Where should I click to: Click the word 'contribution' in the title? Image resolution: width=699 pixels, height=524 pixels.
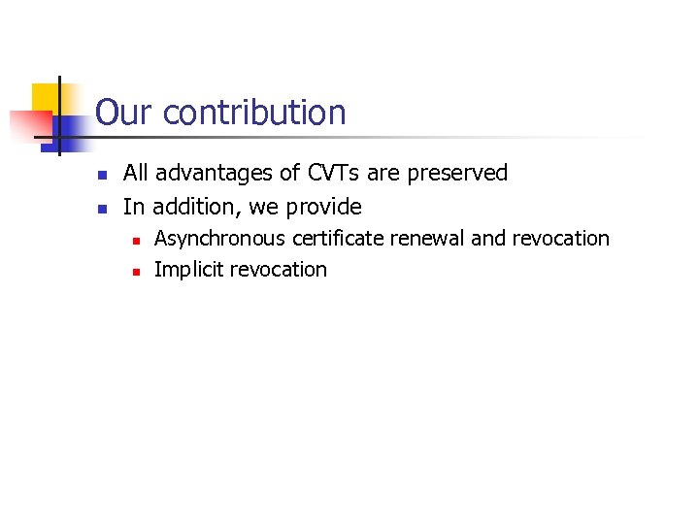click(254, 113)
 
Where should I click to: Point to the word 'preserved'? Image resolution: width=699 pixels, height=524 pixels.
click(457, 173)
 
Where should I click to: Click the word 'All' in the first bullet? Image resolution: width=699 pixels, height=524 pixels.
click(136, 173)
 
